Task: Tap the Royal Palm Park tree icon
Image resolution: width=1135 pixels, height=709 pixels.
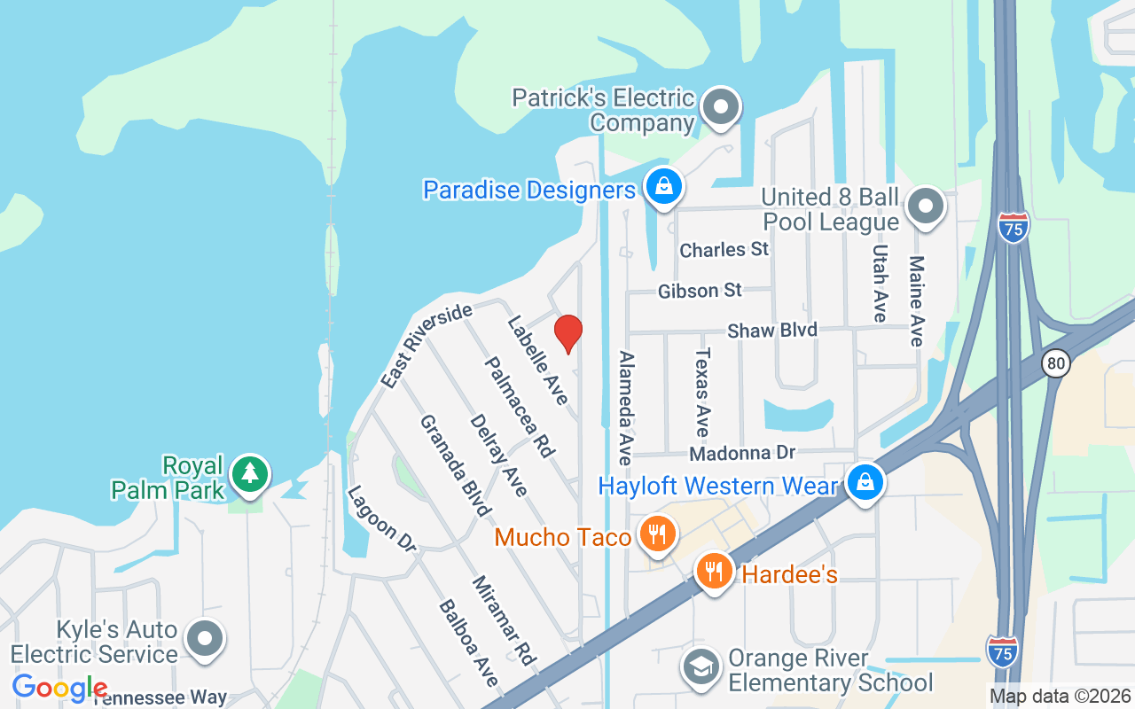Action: point(250,473)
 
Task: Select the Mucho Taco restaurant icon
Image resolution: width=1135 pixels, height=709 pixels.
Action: point(656,534)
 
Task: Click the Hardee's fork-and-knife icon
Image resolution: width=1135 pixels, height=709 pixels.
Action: point(714,571)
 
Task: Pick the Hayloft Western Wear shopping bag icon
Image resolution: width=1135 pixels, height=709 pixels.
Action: point(865,483)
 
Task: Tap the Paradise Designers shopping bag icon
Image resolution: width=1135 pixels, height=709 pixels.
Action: point(662,187)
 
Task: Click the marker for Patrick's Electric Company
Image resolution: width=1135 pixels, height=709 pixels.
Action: point(720,107)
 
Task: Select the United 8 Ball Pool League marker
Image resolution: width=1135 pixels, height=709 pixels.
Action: point(926,206)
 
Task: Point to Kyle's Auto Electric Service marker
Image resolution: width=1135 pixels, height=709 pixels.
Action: point(206,638)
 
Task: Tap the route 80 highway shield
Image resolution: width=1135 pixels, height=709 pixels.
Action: point(1055,363)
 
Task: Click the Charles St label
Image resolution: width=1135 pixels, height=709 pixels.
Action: point(724,250)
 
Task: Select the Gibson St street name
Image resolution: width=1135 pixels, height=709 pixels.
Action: point(700,291)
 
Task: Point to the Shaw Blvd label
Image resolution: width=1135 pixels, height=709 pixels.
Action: point(771,331)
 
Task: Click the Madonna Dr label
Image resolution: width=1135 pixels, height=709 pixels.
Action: point(742,453)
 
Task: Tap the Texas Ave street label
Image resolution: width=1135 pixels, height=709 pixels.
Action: point(702,392)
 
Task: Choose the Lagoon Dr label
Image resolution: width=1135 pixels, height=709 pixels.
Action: point(381,518)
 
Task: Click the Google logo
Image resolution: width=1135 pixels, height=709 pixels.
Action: point(59,687)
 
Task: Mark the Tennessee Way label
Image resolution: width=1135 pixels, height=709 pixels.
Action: point(160,698)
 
